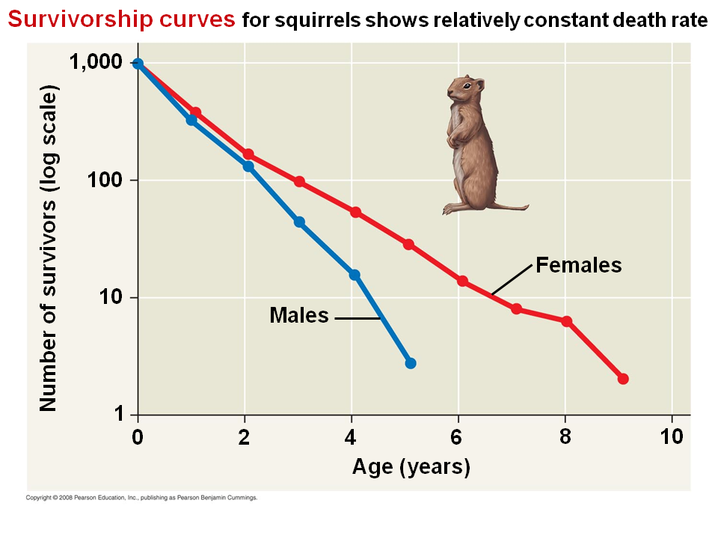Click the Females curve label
[579, 265]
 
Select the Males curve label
[299, 315]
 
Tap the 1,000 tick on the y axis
[95, 63]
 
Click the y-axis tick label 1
[117, 415]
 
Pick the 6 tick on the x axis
[458, 437]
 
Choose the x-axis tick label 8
[565, 437]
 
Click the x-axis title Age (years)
[411, 468]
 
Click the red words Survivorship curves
[121, 19]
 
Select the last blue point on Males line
[410, 363]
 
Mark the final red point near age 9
[623, 379]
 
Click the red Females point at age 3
[299, 182]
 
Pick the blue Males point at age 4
[355, 275]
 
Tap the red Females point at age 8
[567, 322]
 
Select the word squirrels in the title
[319, 21]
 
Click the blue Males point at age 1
[191, 120]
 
